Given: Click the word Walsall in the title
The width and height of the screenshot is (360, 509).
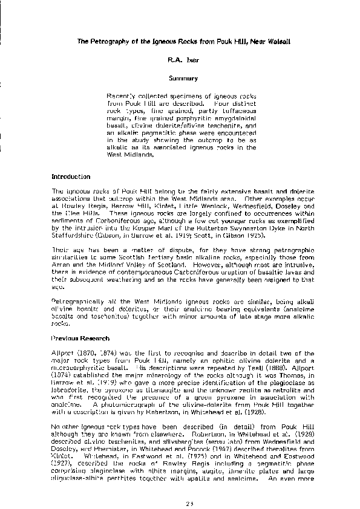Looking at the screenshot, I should click(267, 41).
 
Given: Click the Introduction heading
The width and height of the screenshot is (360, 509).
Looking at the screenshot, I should click(71, 177).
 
